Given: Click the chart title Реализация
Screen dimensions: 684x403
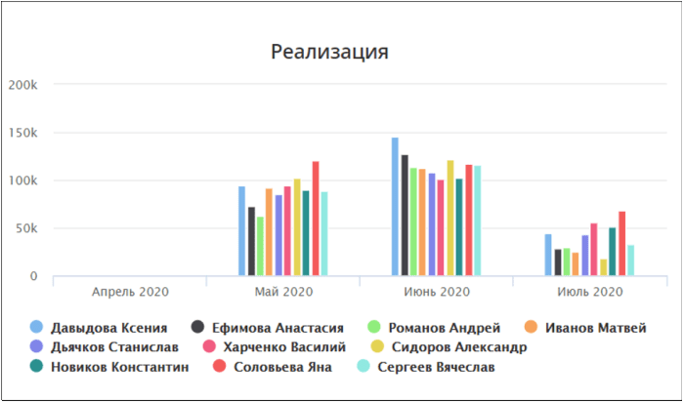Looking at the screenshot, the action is pos(329,52).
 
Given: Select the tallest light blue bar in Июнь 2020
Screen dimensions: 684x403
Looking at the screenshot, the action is pos(395,207).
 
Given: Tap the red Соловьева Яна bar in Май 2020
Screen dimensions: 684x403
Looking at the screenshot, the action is pos(316,219).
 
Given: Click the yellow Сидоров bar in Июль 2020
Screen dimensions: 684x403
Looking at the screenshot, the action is pos(603,267).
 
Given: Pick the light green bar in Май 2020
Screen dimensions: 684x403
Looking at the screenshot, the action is pos(260,246).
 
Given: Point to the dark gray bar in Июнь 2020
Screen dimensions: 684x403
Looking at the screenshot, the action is pos(405,216).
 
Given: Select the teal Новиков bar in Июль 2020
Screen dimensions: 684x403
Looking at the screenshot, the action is pos(613,252).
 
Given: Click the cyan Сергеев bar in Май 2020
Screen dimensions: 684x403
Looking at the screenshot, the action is pos(324,233).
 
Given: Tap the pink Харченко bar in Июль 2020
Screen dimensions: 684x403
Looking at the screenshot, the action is pos(594,249).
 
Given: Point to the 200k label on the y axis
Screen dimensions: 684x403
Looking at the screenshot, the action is pos(23,85).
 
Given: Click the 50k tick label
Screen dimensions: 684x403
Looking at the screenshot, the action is pos(26,228).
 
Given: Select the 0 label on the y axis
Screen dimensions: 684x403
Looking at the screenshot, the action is pos(33,276).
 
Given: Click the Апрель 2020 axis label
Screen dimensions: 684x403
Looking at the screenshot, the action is pos(130,292).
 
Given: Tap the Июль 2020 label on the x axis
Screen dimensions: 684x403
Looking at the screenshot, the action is pos(590,292).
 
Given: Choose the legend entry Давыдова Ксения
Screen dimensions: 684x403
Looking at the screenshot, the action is pos(99,327).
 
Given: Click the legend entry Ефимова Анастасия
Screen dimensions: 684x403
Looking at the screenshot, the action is pos(268,327).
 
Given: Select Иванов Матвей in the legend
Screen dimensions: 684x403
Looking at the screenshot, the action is pos(585,327).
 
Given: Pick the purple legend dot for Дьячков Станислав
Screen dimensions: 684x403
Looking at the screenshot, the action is pos(37,346).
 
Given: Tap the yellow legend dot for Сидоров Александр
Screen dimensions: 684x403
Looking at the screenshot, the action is pos(377,346).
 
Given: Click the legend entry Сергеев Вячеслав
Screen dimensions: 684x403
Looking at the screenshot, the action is pos(426,366).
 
